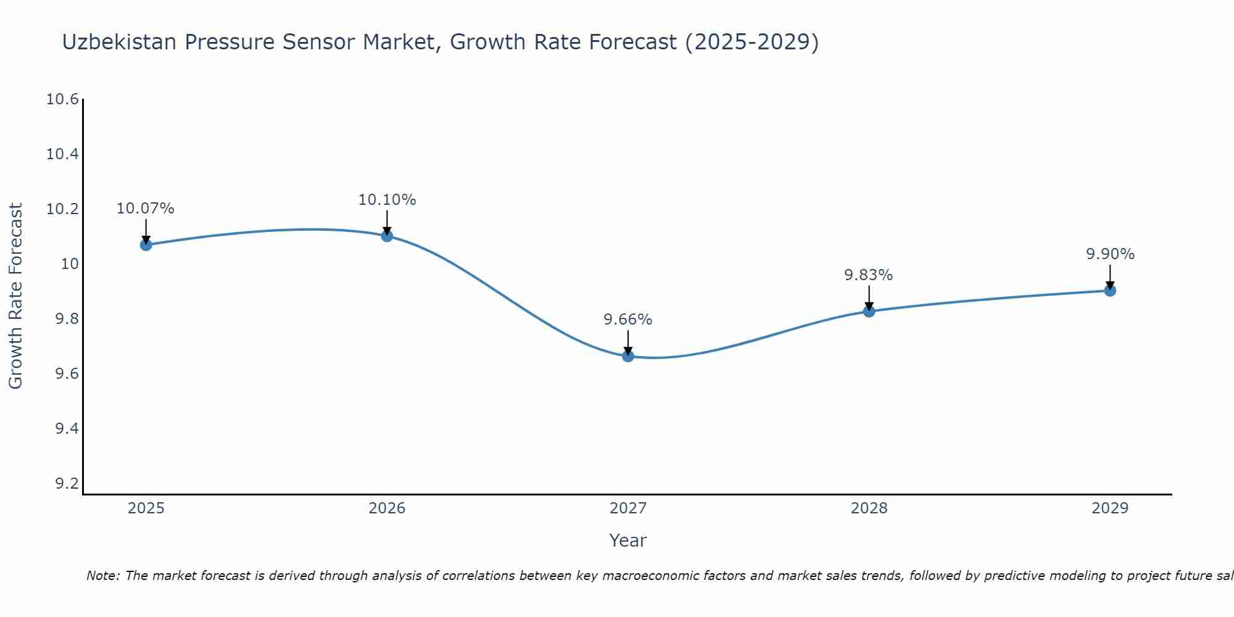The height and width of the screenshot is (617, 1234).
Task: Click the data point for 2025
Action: coord(146,245)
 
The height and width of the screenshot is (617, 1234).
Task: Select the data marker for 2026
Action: coord(387,236)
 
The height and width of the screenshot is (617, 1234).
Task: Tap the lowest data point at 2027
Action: coord(628,356)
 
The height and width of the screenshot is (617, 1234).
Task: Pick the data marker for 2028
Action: coord(869,311)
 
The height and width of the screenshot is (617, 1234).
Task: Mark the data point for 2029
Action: coord(1110,291)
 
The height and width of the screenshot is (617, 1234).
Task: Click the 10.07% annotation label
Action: coord(146,209)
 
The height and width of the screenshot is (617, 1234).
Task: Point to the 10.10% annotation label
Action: coord(387,200)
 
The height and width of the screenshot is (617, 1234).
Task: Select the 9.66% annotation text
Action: coord(627,320)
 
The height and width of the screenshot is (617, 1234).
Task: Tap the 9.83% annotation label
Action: coord(868,275)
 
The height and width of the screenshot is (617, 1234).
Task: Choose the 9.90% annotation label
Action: coord(1110,254)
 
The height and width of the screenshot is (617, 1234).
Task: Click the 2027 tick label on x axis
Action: coord(627,508)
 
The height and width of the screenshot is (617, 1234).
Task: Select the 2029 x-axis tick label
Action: coord(1110,508)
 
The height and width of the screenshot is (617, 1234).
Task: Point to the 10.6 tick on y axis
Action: coord(63,99)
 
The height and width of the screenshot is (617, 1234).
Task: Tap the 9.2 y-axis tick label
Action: coord(67,484)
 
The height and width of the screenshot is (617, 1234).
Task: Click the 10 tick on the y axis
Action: coord(71,264)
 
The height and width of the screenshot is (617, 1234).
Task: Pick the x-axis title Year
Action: coord(627,540)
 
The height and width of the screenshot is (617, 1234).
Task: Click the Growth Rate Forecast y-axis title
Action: coord(15,296)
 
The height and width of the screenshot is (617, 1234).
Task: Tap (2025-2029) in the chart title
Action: coord(752,42)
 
